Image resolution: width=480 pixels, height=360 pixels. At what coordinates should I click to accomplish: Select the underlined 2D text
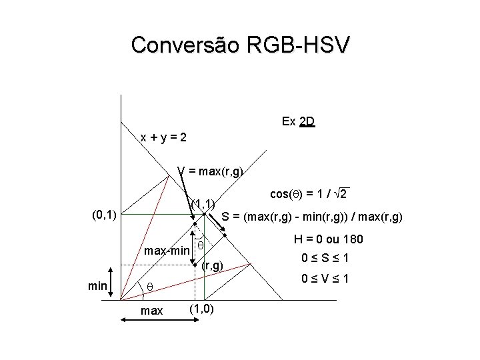tap(307, 122)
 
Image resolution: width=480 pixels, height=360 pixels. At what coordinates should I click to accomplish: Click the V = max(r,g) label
tap(210, 171)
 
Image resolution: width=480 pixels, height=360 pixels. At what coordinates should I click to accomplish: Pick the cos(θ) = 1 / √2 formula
tap(310, 193)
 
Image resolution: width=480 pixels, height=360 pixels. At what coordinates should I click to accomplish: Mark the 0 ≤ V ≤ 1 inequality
tap(327, 279)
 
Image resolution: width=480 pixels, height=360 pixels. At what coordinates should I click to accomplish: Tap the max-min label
tap(167, 251)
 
